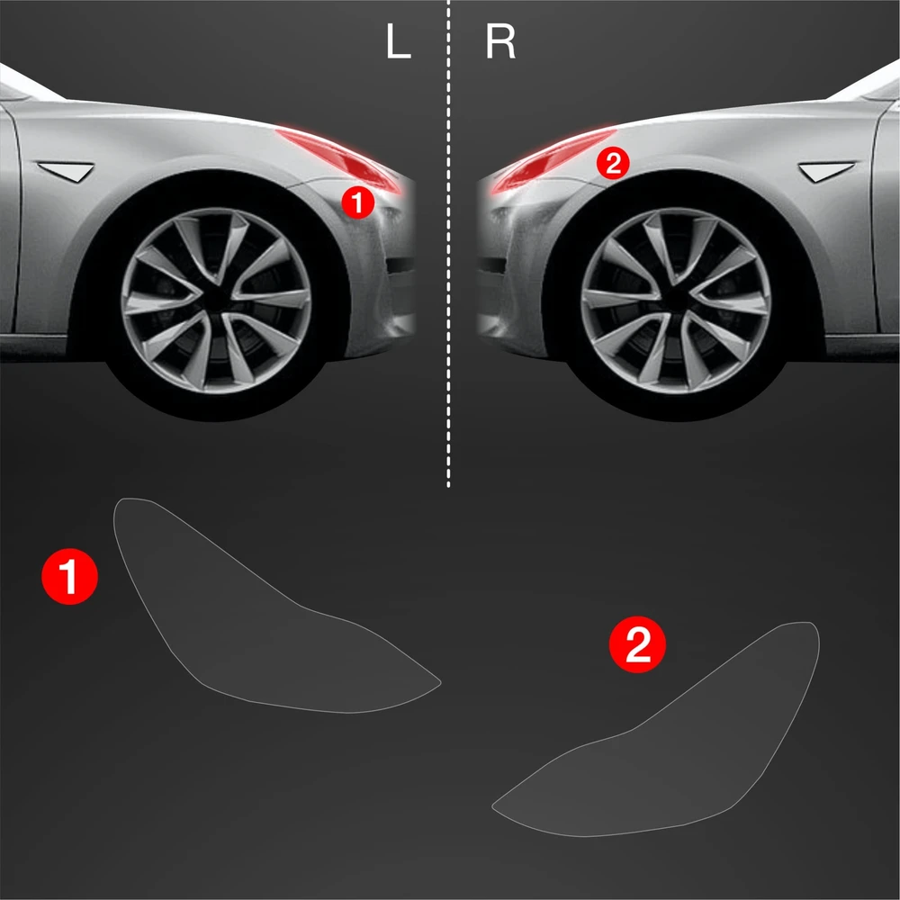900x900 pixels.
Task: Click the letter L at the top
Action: (399, 42)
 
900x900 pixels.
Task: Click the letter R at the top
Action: (500, 42)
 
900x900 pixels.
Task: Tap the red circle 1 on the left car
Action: (357, 202)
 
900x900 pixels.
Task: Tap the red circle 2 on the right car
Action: (613, 164)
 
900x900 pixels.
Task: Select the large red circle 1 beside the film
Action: (69, 576)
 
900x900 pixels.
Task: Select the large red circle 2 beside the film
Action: (637, 644)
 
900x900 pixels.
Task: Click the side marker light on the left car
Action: (67, 171)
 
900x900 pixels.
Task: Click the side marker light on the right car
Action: (826, 171)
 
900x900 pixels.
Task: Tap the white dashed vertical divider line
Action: (448, 244)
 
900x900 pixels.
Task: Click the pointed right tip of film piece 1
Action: (440, 682)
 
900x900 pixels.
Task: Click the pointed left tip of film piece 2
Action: (492, 805)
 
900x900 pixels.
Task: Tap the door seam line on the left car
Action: (15, 218)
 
